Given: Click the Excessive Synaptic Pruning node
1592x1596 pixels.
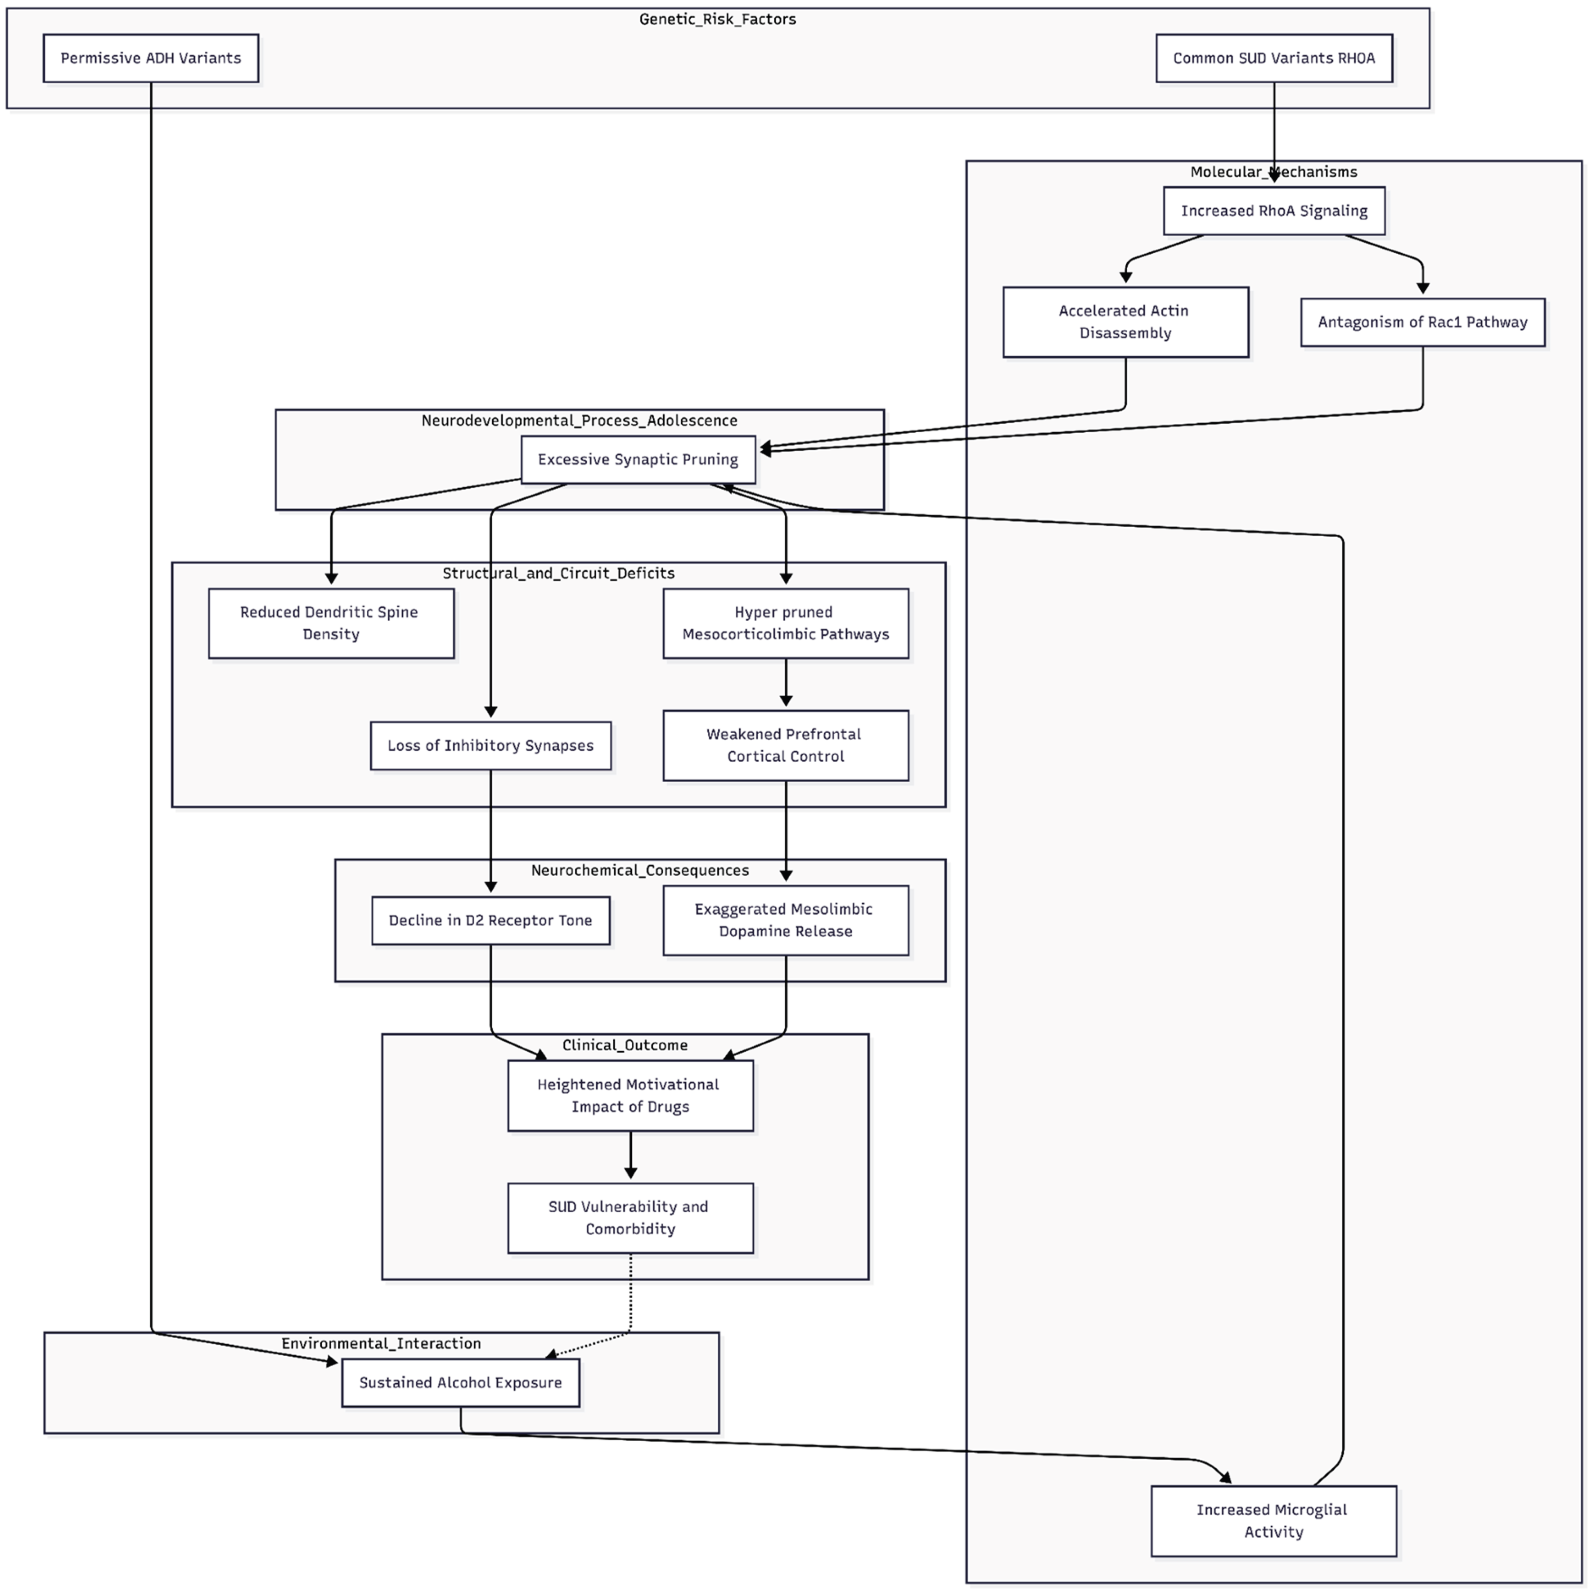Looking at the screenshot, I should pos(637,459).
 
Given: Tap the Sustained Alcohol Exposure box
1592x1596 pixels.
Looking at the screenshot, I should pos(460,1383).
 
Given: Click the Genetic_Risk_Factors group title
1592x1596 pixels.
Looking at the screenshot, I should pos(717,19).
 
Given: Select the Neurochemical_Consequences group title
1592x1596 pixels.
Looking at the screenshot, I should pos(639,870).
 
